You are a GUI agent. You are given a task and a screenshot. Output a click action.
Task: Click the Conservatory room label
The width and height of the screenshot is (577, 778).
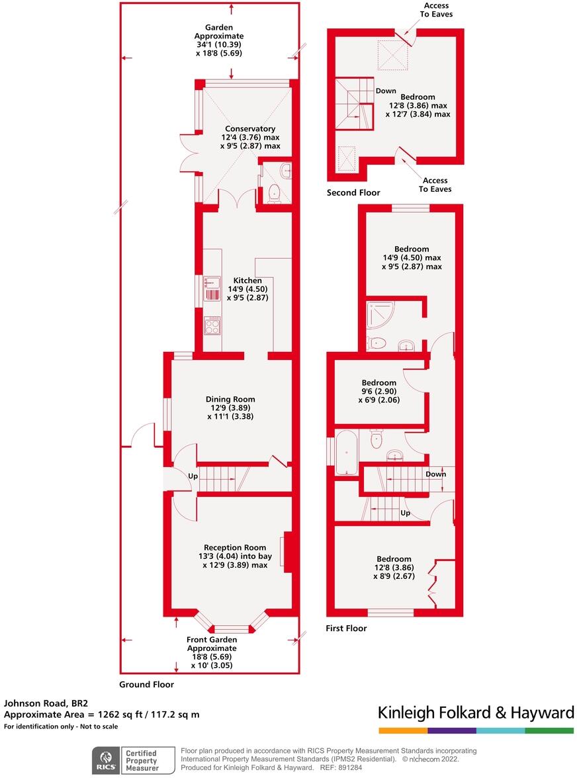click(x=249, y=129)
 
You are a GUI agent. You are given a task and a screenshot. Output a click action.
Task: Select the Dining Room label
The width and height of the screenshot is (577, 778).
click(x=230, y=399)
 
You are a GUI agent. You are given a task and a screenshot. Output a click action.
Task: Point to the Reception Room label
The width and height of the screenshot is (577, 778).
click(x=235, y=547)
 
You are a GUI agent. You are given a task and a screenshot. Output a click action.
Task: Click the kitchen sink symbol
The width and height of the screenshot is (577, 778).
click(x=212, y=288)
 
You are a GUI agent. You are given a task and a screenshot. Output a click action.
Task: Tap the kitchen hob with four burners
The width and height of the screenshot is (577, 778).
click(x=212, y=326)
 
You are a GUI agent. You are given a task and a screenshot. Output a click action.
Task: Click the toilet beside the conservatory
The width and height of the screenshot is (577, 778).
click(x=273, y=194)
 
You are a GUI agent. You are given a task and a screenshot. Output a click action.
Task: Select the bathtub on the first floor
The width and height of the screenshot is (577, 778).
click(x=347, y=453)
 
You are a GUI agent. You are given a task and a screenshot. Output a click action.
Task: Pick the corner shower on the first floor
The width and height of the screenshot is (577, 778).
click(x=377, y=317)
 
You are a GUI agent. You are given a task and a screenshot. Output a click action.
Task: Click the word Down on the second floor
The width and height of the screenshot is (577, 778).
click(x=386, y=91)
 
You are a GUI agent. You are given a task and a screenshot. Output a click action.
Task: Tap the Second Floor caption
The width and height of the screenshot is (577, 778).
click(x=353, y=193)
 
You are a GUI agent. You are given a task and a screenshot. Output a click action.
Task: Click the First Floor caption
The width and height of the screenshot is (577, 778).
click(x=346, y=628)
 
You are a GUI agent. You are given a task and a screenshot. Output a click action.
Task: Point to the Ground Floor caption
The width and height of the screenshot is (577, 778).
click(x=146, y=685)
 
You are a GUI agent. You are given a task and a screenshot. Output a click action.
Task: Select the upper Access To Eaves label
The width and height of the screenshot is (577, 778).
click(x=435, y=10)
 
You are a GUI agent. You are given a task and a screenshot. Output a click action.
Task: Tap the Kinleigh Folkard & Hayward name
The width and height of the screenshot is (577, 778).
click(x=475, y=713)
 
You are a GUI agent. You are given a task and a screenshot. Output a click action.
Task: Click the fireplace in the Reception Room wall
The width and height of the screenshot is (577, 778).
click(x=287, y=551)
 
